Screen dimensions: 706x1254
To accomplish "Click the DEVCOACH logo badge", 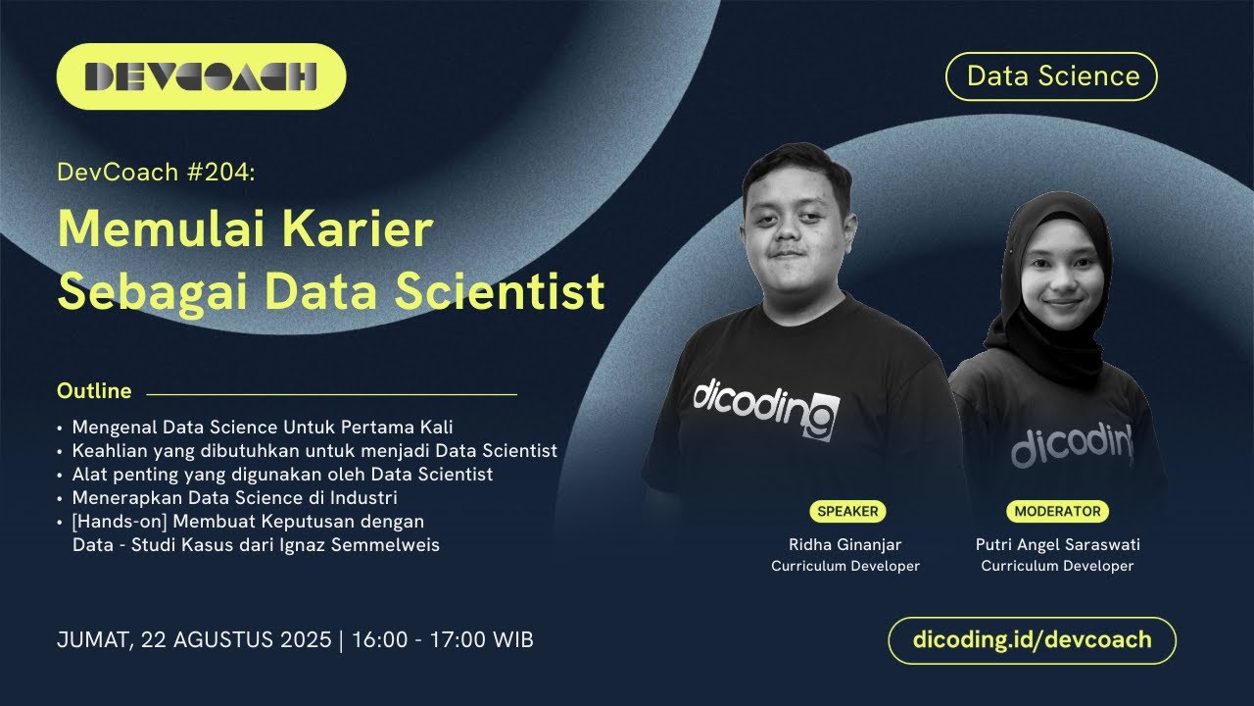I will tap(201, 76).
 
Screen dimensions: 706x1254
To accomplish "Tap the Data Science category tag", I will tap(1052, 76).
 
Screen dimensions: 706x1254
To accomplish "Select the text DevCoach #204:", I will tap(156, 173).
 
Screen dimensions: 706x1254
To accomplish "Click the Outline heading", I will tap(94, 391).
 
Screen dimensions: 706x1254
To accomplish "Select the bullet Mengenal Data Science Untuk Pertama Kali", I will tap(263, 428).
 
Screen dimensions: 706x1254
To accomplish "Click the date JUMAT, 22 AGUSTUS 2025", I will tap(194, 640).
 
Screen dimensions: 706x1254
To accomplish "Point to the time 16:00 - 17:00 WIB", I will tap(442, 640).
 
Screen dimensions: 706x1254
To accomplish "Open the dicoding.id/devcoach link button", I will tap(1032, 640).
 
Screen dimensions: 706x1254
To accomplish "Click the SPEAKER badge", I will tap(847, 511).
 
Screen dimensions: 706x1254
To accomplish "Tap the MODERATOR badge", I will tap(1057, 511).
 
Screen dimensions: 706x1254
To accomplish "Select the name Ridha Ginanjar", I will tap(845, 545).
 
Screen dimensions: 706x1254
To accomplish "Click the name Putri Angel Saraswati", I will tap(1057, 545).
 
